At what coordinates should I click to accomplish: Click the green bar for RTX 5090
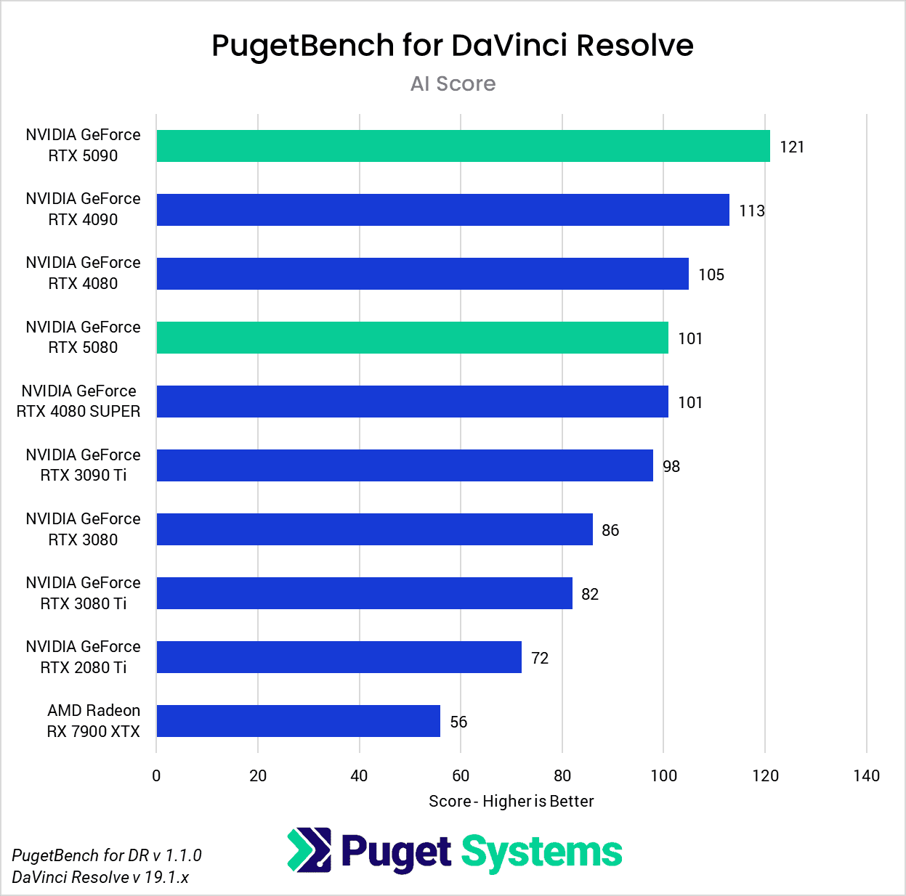(x=463, y=146)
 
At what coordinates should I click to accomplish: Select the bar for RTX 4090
(x=442, y=210)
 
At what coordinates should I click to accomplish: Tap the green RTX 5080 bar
(x=412, y=338)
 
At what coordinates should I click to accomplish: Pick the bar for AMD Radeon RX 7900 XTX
(x=298, y=721)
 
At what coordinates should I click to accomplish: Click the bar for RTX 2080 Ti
(x=339, y=657)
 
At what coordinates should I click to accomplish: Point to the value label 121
(x=792, y=147)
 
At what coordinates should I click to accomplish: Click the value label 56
(x=458, y=722)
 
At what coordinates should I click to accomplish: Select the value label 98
(x=671, y=466)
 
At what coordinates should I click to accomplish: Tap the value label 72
(x=540, y=658)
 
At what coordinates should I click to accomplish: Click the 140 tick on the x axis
(x=866, y=775)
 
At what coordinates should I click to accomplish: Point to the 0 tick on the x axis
(x=156, y=775)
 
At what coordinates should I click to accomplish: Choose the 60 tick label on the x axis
(x=461, y=775)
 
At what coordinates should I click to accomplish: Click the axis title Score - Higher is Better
(x=511, y=801)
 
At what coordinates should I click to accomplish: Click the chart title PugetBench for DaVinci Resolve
(x=452, y=45)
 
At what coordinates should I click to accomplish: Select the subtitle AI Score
(x=453, y=84)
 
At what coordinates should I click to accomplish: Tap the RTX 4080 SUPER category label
(x=78, y=402)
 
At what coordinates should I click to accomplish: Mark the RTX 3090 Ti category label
(x=83, y=465)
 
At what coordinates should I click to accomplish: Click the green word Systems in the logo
(x=542, y=852)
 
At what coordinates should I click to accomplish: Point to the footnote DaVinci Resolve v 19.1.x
(x=100, y=877)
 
